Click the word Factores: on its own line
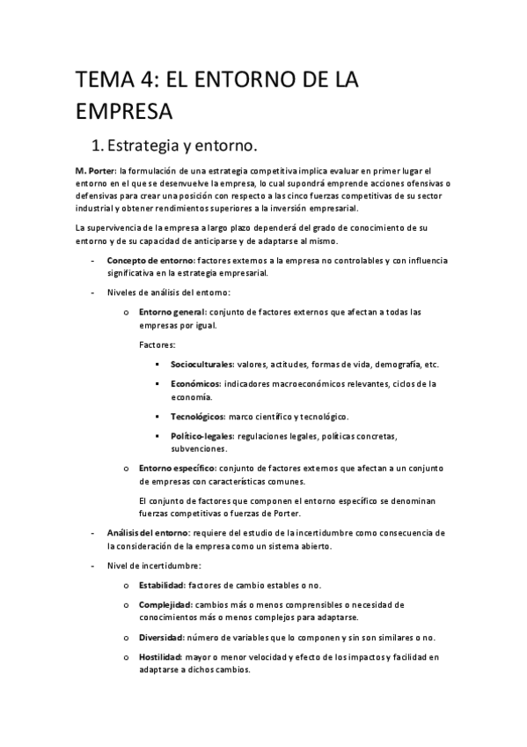pyautogui.click(x=157, y=344)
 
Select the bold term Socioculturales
pyautogui.click(x=202, y=364)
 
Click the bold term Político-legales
pyautogui.click(x=201, y=436)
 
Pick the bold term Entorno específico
pyautogui.click(x=175, y=469)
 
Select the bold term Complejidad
pyautogui.click(x=165, y=604)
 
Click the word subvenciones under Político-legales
pyautogui.click(x=199, y=448)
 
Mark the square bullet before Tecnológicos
pyautogui.click(x=156, y=416)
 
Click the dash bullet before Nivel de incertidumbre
pyautogui.click(x=92, y=566)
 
